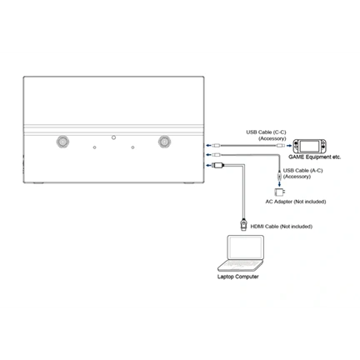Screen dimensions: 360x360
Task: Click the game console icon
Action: pos(310,146)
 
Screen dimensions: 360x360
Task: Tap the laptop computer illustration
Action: pos(241,253)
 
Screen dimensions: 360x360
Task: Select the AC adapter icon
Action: pos(279,192)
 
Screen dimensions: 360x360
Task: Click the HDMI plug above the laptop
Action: pos(243,224)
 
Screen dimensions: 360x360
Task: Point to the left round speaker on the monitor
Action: pos(62,142)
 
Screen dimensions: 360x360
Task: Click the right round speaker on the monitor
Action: pos(164,142)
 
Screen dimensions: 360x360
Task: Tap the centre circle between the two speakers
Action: pos(113,137)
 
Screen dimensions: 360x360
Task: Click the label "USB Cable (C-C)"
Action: pos(266,132)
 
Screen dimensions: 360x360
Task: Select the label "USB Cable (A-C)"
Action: pos(302,171)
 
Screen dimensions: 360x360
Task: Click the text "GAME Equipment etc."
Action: pos(314,157)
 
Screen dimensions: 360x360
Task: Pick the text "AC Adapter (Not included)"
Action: pos(296,202)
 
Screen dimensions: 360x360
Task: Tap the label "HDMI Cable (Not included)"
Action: pos(282,227)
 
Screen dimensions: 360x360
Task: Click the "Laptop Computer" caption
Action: pos(238,277)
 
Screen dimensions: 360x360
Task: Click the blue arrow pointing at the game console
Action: pos(289,146)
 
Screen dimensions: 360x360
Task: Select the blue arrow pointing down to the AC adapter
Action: pos(279,183)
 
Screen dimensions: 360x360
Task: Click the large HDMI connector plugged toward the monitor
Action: pos(218,166)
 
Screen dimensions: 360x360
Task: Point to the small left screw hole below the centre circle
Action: pos(95,147)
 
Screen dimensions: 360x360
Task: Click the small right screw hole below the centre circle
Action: pos(132,147)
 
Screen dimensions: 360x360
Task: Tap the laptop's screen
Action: pos(245,247)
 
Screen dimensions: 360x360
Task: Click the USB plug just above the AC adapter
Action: pos(279,176)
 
